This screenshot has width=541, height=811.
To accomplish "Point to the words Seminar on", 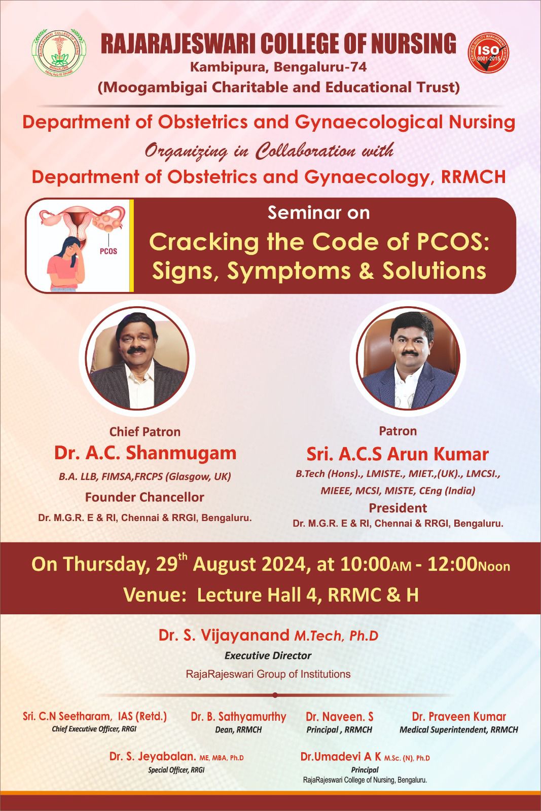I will point(318,213).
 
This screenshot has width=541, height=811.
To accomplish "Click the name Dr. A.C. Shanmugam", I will point(145,453).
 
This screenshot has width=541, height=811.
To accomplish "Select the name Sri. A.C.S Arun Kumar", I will point(398,454).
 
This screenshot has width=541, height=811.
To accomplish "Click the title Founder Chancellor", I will point(145,497).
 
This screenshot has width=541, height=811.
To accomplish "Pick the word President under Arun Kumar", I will point(398,508).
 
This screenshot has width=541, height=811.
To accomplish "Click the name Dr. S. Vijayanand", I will point(223,635).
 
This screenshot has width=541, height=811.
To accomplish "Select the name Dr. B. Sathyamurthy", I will point(238,717).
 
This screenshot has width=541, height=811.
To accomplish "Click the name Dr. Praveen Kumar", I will point(459,716).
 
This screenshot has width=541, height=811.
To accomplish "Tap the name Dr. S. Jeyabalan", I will point(153,757).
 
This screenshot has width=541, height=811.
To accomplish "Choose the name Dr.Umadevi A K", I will point(340,757).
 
